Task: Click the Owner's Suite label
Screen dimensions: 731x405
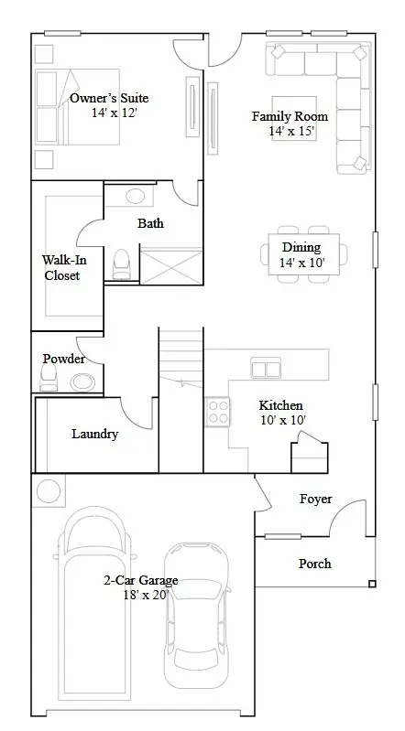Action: click(x=109, y=98)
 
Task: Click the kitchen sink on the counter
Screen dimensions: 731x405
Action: click(x=267, y=369)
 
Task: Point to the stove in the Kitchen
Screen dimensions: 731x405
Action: click(x=218, y=412)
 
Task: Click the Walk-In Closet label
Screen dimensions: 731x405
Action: click(x=60, y=267)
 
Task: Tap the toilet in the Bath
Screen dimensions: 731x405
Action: click(x=121, y=265)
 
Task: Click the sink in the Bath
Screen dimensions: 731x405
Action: click(x=137, y=196)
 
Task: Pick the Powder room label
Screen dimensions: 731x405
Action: click(x=63, y=359)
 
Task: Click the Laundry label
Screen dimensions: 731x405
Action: click(x=94, y=434)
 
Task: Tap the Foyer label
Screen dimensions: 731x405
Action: click(x=315, y=499)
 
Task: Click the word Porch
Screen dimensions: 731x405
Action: click(x=315, y=564)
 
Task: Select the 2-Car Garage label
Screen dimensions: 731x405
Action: click(x=141, y=580)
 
